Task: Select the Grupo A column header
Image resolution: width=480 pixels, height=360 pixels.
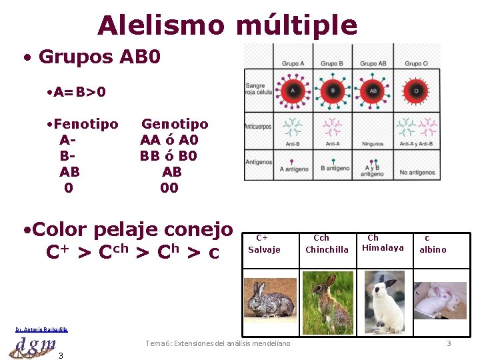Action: (x=293, y=63)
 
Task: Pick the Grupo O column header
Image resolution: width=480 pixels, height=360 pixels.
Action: (x=417, y=63)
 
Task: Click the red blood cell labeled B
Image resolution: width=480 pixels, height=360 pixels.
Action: (x=332, y=90)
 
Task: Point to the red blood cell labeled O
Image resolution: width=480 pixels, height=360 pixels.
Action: (x=417, y=90)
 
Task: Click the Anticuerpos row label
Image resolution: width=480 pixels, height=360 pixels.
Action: (x=257, y=127)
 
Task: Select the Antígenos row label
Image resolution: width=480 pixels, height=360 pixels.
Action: (x=259, y=162)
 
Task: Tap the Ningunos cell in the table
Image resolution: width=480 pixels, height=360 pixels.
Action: (x=373, y=144)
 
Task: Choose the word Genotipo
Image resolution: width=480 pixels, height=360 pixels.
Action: (x=175, y=124)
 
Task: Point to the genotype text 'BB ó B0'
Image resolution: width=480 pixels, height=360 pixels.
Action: (x=169, y=156)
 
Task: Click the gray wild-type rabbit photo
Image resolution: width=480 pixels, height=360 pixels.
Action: (x=270, y=297)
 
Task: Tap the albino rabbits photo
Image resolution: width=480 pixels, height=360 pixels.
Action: (x=440, y=299)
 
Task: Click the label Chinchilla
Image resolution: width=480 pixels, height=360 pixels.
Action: (x=327, y=249)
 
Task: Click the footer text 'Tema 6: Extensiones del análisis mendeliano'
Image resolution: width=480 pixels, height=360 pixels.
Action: (x=218, y=343)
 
